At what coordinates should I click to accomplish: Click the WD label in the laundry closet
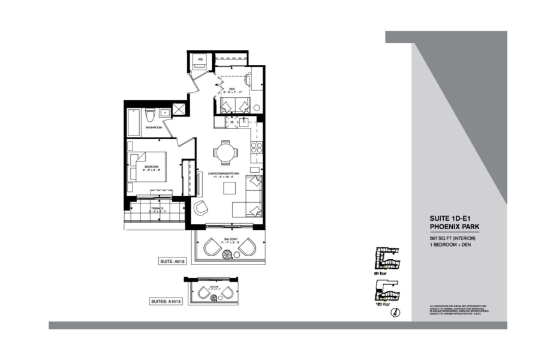click(x=200, y=59)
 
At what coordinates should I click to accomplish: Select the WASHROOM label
click(x=154, y=127)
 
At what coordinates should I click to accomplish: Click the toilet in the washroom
click(x=152, y=114)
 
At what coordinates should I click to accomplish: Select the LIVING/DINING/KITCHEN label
click(x=224, y=173)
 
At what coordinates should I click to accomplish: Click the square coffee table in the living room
click(x=230, y=188)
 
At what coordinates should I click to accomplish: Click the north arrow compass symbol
click(x=396, y=312)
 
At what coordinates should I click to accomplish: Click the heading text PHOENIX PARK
click(x=454, y=227)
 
